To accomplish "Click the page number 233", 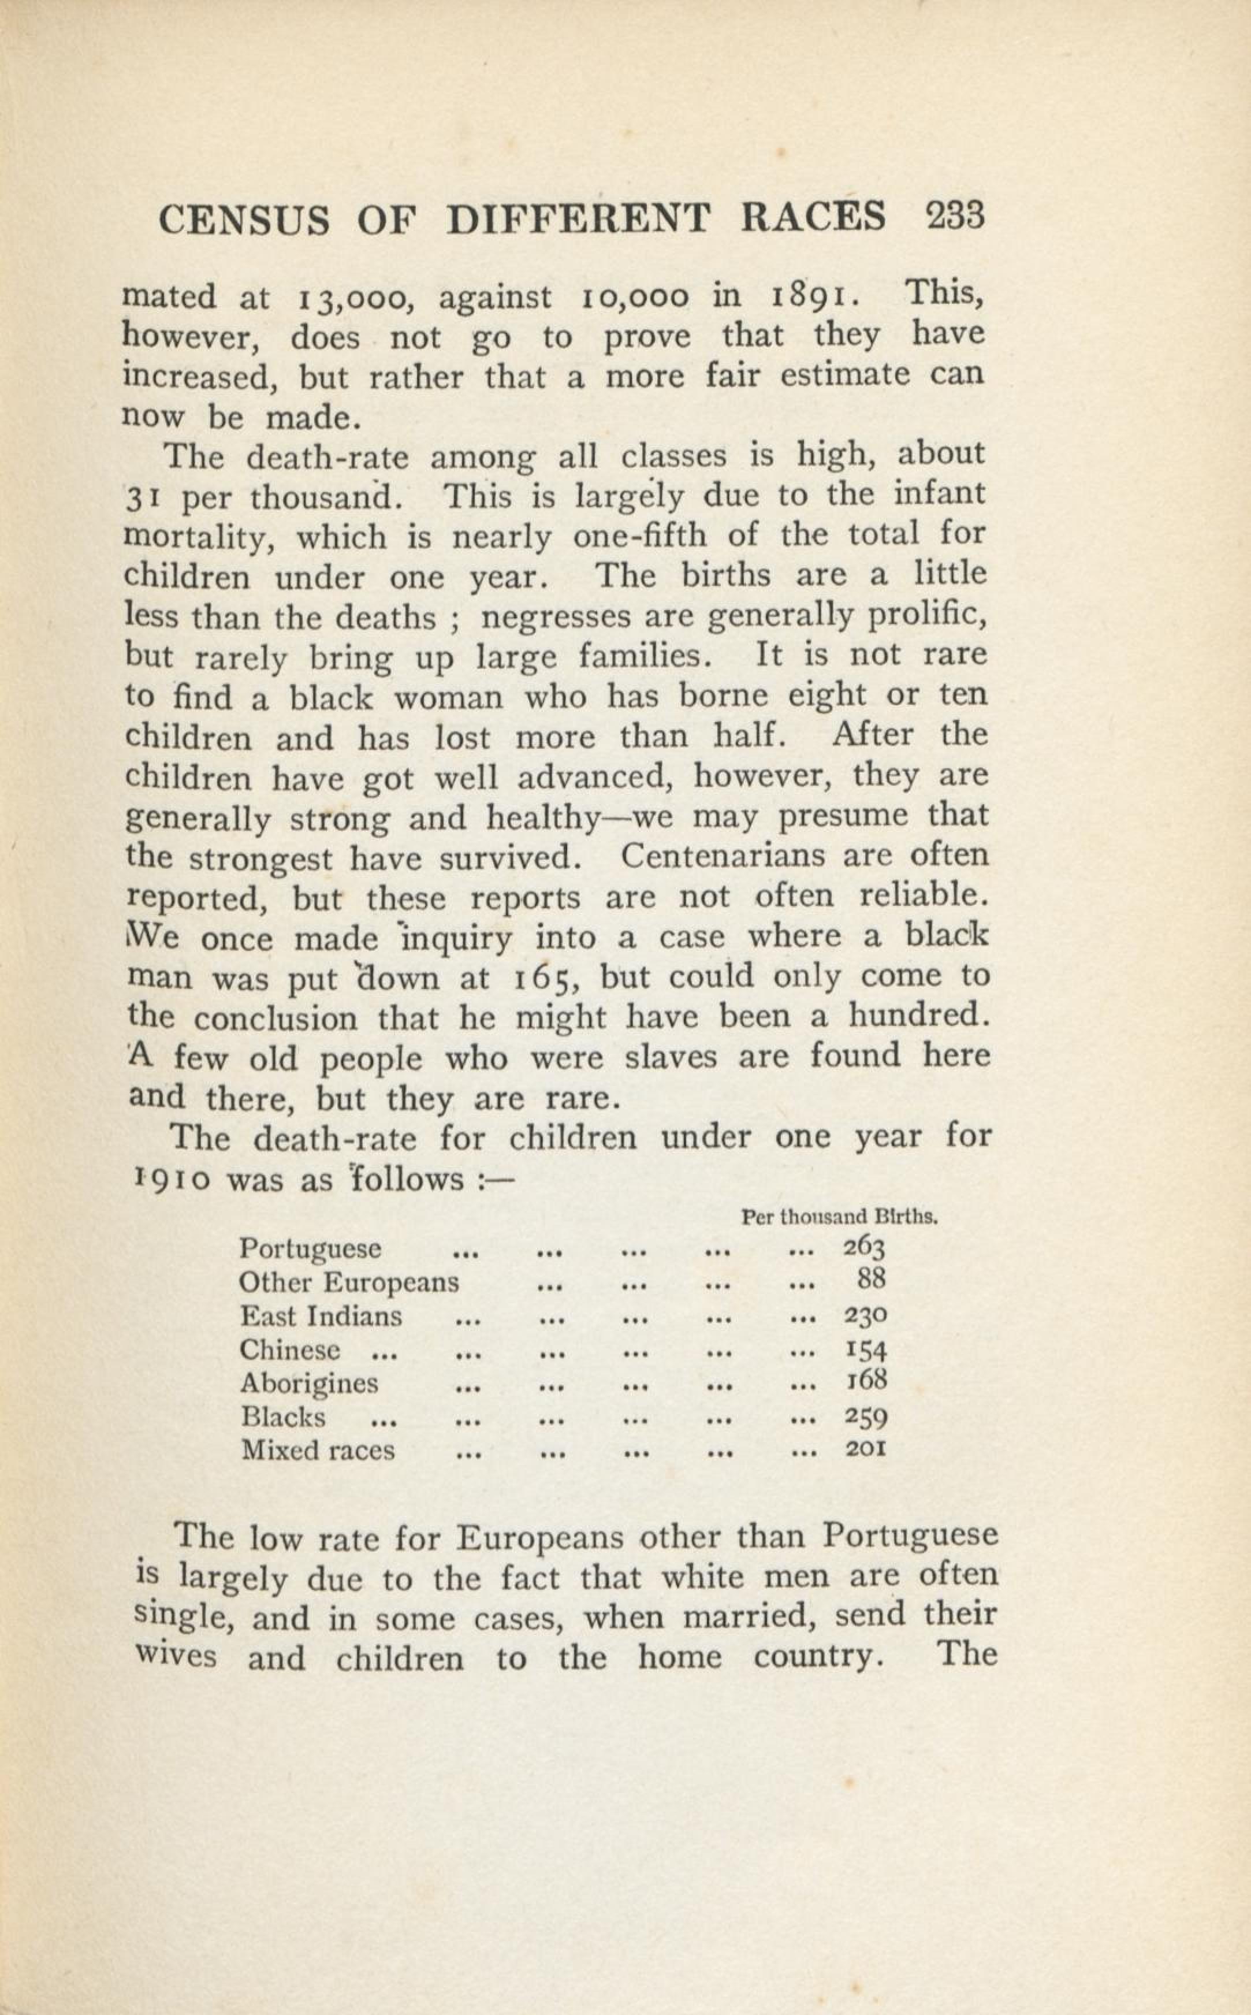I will click(x=956, y=217).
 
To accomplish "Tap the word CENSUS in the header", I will click(x=245, y=220).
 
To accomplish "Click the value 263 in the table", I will click(x=865, y=1247).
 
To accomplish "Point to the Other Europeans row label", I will click(x=348, y=1282).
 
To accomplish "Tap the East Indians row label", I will click(x=321, y=1316).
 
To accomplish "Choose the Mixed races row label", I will click(x=318, y=1451).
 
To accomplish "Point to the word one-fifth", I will click(x=639, y=536).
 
